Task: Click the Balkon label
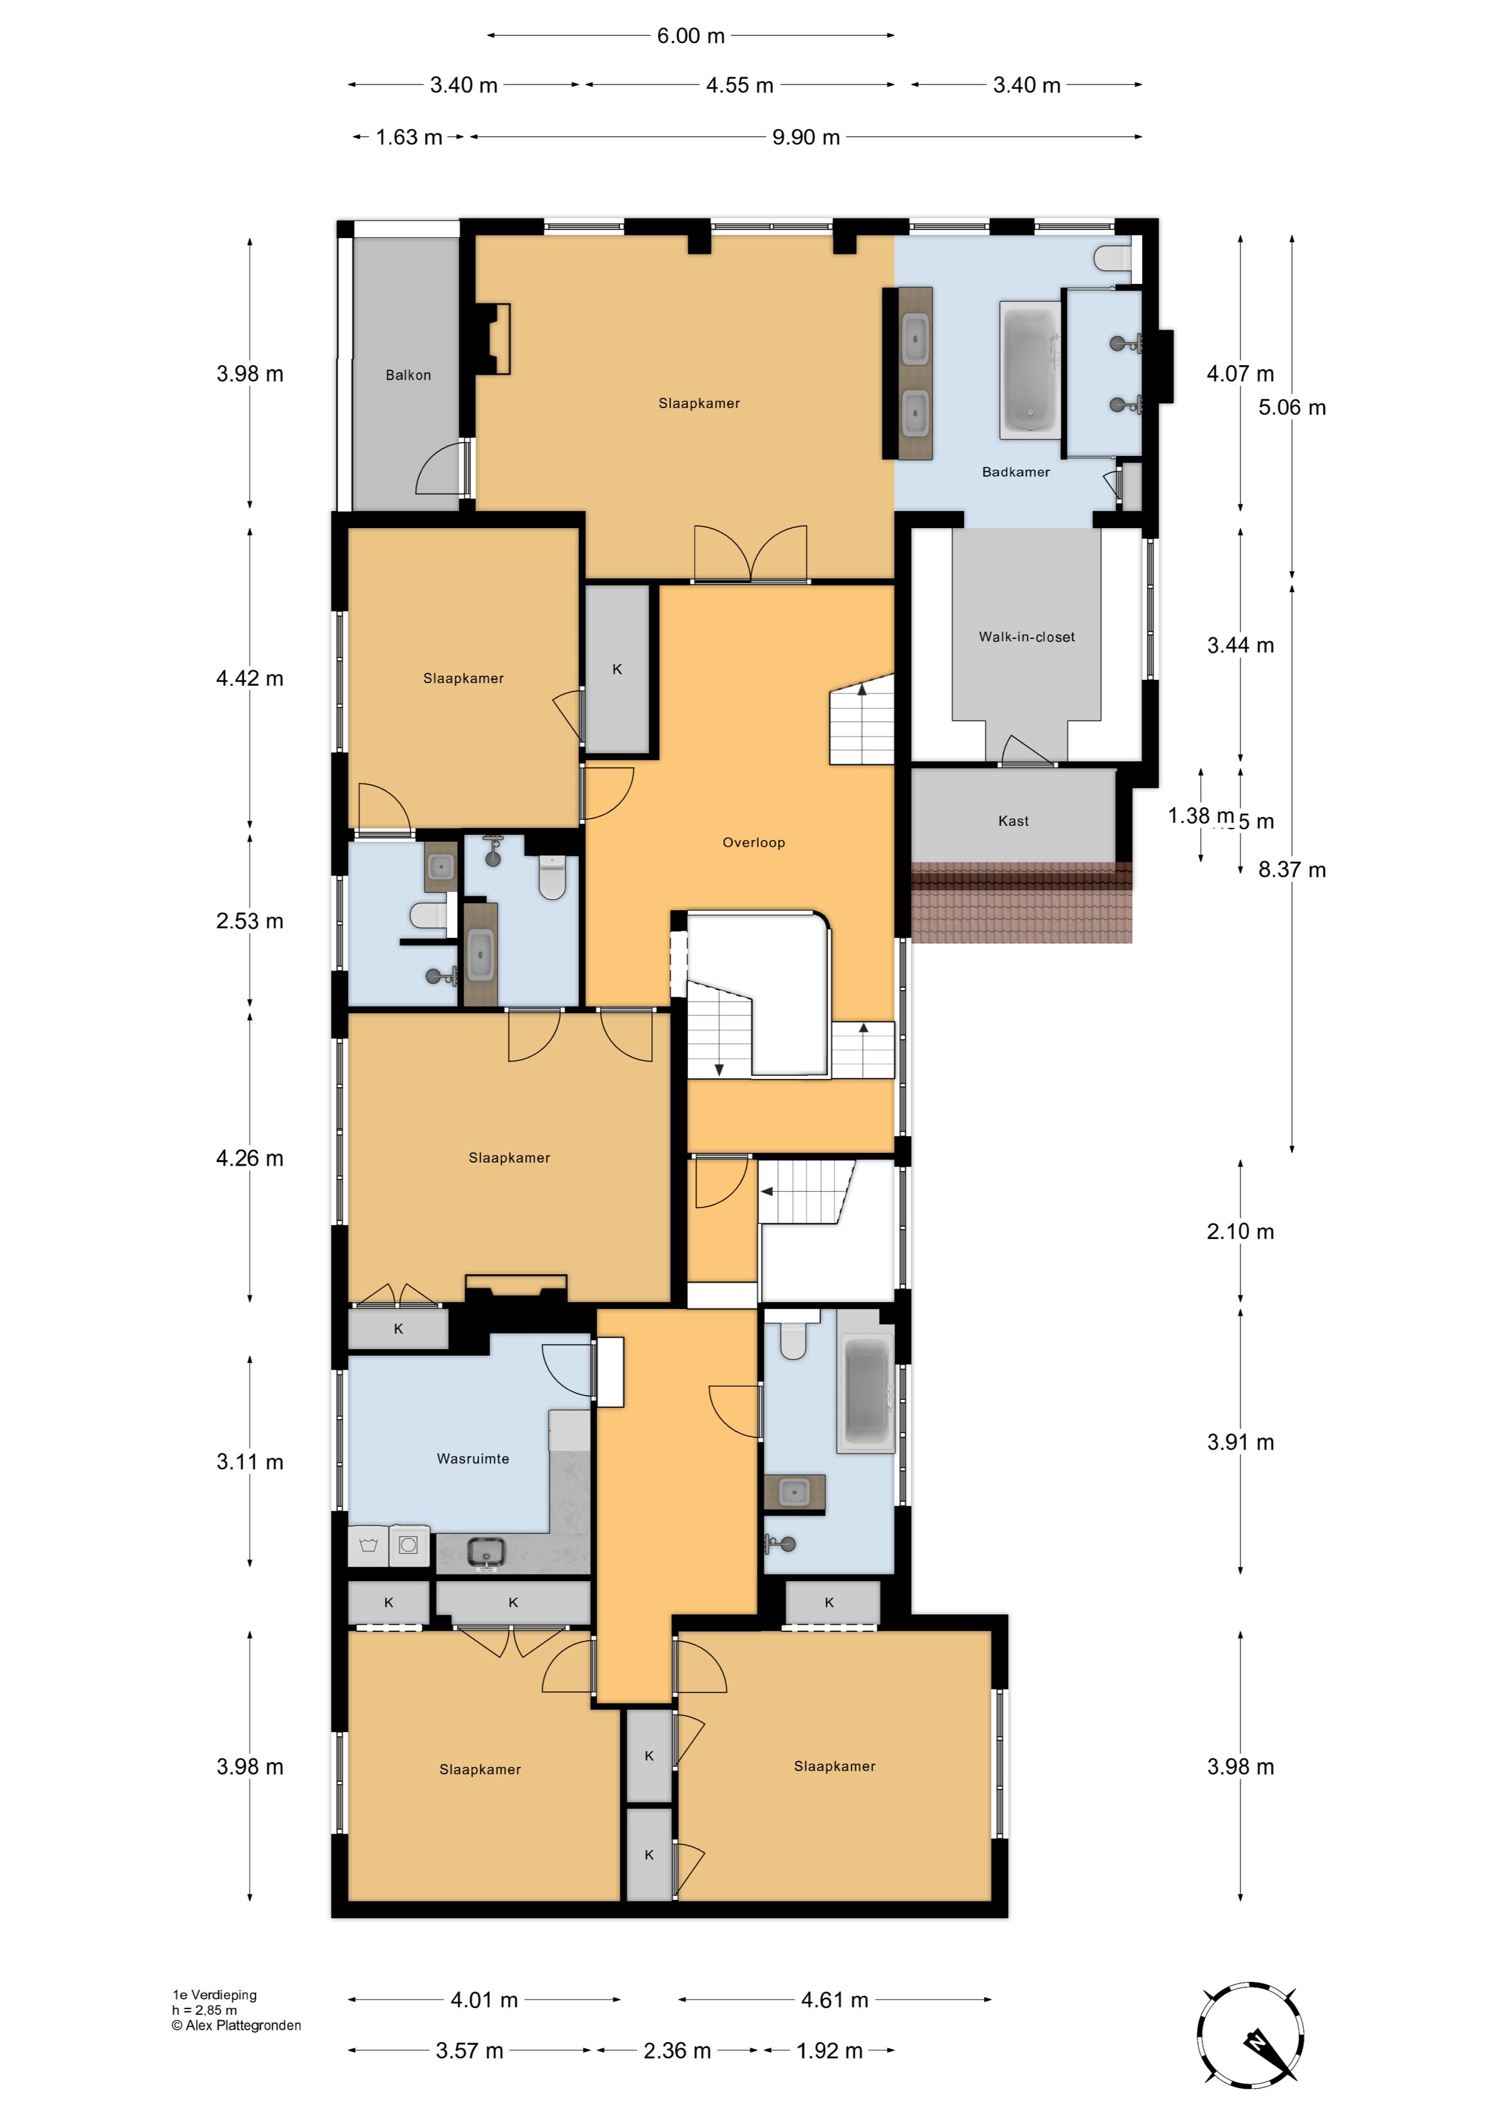(407, 375)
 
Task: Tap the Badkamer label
(1016, 472)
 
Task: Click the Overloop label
(754, 843)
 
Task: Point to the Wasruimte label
(472, 1459)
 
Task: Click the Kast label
(1013, 821)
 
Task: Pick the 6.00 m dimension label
(691, 36)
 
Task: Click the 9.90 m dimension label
(805, 137)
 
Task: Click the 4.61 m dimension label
(834, 2000)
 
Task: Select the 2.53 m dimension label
(249, 921)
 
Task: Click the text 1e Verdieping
(214, 1995)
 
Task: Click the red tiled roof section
(1021, 904)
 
